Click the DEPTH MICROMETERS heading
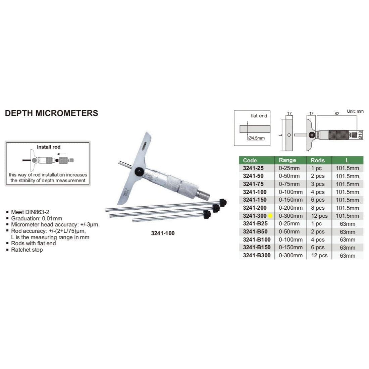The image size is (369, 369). pos(51,113)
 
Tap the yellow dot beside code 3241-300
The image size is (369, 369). pos(270,216)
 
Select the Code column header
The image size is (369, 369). pos(250,160)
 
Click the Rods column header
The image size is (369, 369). pos(318,160)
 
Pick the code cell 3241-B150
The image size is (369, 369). pos(257,248)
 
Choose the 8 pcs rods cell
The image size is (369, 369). pos(318,208)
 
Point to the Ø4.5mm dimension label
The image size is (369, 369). pos(257,138)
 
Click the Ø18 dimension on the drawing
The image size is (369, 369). pos(360,135)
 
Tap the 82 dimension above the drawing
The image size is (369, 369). pos(337,114)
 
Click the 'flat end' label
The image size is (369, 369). pos(259,116)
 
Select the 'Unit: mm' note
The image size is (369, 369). pos(355,111)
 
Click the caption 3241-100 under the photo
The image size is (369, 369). pos(163,233)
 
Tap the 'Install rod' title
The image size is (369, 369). pos(49,147)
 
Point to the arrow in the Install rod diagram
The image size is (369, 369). pos(61,154)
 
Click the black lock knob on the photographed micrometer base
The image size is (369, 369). pos(139,172)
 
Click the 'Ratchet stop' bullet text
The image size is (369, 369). pos(27,250)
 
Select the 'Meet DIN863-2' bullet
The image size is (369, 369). pos(30,212)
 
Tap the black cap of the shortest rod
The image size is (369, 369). pos(207,214)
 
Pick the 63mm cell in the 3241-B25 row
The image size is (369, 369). pos(348,224)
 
